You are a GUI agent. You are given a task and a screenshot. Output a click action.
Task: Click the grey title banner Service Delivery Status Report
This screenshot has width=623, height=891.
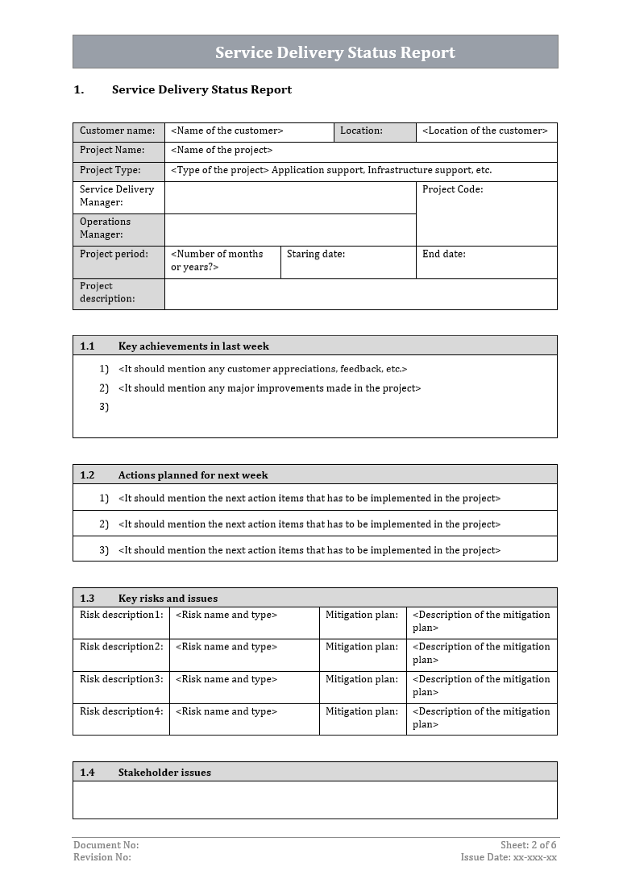tap(334, 52)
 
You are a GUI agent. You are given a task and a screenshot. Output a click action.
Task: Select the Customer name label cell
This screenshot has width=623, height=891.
tap(118, 131)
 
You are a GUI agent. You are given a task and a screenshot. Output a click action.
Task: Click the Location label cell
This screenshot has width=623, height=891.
tap(362, 131)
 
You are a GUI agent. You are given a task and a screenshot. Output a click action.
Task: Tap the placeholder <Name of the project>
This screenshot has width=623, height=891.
tap(222, 151)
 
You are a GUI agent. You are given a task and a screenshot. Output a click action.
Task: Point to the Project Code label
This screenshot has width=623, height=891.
tap(452, 190)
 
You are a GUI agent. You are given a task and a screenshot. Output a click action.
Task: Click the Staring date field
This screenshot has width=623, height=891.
tap(316, 255)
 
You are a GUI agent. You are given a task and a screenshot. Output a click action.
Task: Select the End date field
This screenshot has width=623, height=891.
tap(443, 255)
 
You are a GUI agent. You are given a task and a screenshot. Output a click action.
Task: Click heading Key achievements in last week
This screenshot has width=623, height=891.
tap(193, 346)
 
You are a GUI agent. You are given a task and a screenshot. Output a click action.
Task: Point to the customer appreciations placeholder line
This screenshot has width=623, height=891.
tap(263, 369)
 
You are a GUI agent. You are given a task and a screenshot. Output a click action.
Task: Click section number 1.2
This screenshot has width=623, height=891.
tap(87, 475)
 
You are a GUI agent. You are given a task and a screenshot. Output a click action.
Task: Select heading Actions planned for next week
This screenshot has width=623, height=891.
tap(193, 475)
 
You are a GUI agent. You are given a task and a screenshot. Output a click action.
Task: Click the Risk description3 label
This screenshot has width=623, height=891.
tap(121, 679)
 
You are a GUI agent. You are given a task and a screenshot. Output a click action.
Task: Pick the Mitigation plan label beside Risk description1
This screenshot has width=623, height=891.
tap(362, 615)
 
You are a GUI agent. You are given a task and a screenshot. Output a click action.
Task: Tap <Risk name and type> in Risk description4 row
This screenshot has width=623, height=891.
tap(226, 711)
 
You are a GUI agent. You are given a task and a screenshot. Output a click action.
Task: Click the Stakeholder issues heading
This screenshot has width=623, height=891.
tap(164, 773)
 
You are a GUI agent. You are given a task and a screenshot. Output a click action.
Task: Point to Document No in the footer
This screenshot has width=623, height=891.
tap(106, 845)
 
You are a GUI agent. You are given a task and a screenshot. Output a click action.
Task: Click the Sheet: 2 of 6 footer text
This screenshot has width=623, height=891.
tap(528, 845)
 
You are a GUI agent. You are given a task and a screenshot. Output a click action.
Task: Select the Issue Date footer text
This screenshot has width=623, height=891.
tap(509, 857)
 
